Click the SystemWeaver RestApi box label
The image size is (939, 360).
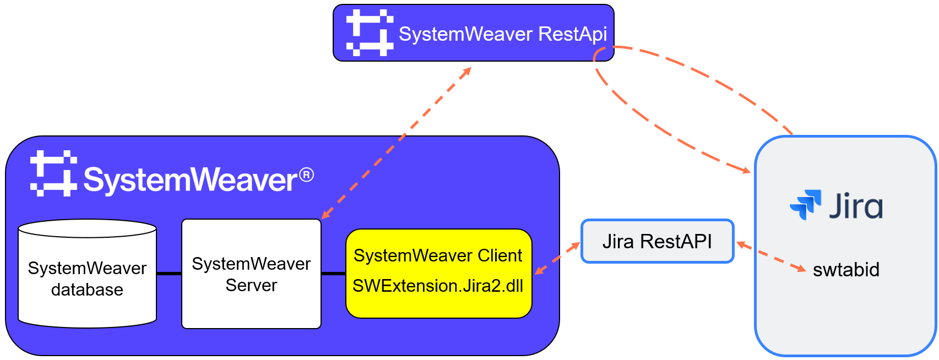(502, 34)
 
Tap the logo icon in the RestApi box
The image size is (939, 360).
(370, 32)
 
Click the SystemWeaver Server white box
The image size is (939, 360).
(251, 274)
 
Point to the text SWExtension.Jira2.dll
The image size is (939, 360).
(438, 286)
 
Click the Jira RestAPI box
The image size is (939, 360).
(657, 242)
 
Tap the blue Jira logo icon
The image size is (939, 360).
(806, 205)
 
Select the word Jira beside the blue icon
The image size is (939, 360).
(856, 206)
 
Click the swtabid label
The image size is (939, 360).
(846, 270)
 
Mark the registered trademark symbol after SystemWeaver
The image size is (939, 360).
(307, 175)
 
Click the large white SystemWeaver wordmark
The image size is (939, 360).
(191, 180)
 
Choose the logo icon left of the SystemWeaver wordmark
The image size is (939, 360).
(53, 173)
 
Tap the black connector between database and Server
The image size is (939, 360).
(169, 274)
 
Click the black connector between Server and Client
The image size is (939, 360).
(333, 274)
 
